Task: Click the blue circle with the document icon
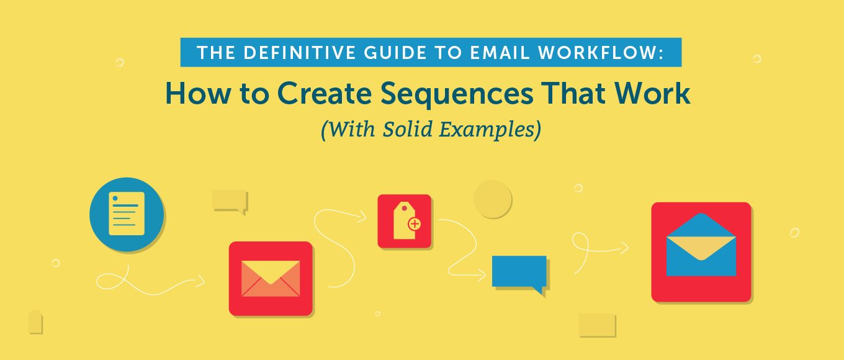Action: tap(127, 214)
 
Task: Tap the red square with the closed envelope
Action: tap(270, 278)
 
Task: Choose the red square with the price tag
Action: tap(404, 221)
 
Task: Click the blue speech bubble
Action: tap(519, 272)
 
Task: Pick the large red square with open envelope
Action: tap(701, 251)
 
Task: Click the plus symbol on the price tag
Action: tap(415, 224)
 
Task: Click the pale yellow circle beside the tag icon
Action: tap(492, 199)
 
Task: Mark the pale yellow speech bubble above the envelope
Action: tap(229, 200)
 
